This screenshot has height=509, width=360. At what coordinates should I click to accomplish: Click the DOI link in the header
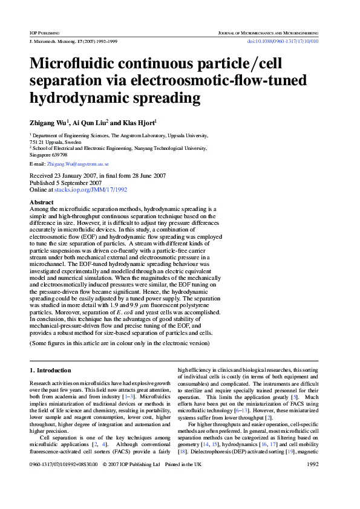coord(283,41)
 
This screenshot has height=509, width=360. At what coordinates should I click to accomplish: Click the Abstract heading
coord(41,202)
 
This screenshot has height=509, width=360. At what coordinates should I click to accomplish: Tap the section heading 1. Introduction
coord(50,370)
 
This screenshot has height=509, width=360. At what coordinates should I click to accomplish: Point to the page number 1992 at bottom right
coord(313,482)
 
